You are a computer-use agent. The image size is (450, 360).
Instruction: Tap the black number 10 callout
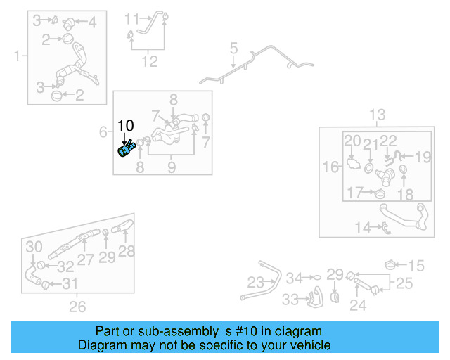[125, 127]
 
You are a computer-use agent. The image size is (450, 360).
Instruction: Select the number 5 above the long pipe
[233, 49]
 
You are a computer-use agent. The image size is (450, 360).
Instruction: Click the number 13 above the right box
[377, 115]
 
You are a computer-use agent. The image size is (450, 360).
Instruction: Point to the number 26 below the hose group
[77, 306]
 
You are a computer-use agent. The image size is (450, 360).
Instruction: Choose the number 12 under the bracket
[149, 62]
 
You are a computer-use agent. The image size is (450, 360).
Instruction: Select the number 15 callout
[416, 265]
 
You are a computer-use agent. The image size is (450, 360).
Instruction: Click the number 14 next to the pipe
[363, 226]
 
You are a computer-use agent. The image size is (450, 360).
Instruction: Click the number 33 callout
[290, 300]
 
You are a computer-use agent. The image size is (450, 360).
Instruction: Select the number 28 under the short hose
[127, 251]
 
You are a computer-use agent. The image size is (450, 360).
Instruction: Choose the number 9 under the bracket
[171, 167]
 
